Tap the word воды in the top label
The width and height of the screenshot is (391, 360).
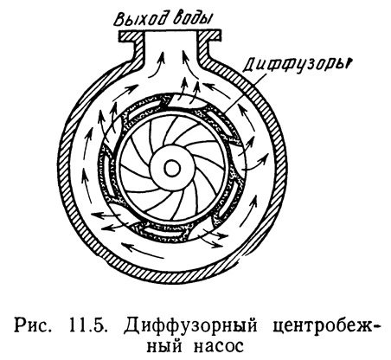coord(193,18)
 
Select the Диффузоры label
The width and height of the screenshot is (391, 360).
coord(296,67)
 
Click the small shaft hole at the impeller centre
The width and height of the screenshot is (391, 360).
coord(172,169)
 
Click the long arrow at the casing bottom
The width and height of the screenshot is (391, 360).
coord(143,250)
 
